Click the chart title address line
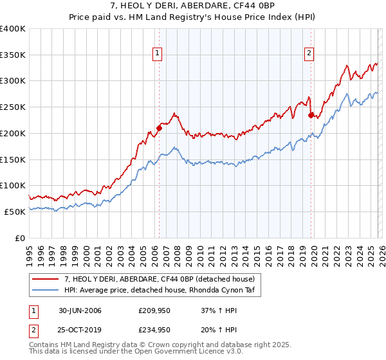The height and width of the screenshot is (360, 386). point(193,6)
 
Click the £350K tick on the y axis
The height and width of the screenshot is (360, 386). point(13,55)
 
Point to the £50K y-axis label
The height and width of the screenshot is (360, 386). point(15,212)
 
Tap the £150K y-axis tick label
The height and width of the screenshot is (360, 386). point(13,159)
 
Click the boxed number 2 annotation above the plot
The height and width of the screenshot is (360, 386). point(309,53)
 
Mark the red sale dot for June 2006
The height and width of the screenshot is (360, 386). point(159,128)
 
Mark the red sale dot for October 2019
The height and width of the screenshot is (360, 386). point(311,115)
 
